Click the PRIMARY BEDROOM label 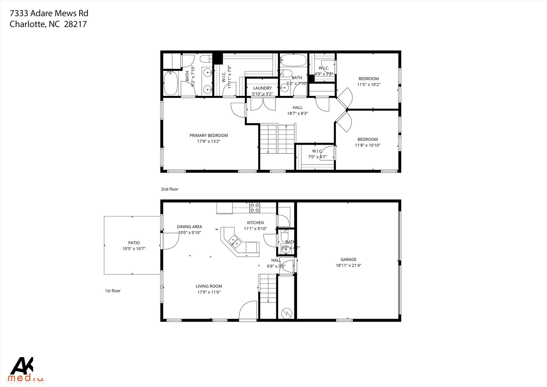209,135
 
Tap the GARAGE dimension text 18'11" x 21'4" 348,265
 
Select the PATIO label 134,243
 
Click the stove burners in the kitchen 255,208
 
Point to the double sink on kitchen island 235,240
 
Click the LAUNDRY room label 262,88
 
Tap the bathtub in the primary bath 171,83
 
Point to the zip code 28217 76,24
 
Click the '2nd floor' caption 169,189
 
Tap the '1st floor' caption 112,291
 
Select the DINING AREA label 189,227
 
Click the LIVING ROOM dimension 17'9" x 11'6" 209,292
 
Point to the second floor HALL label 297,108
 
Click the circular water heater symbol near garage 286,313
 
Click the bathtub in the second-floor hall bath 293,60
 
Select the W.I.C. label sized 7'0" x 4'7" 317,151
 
